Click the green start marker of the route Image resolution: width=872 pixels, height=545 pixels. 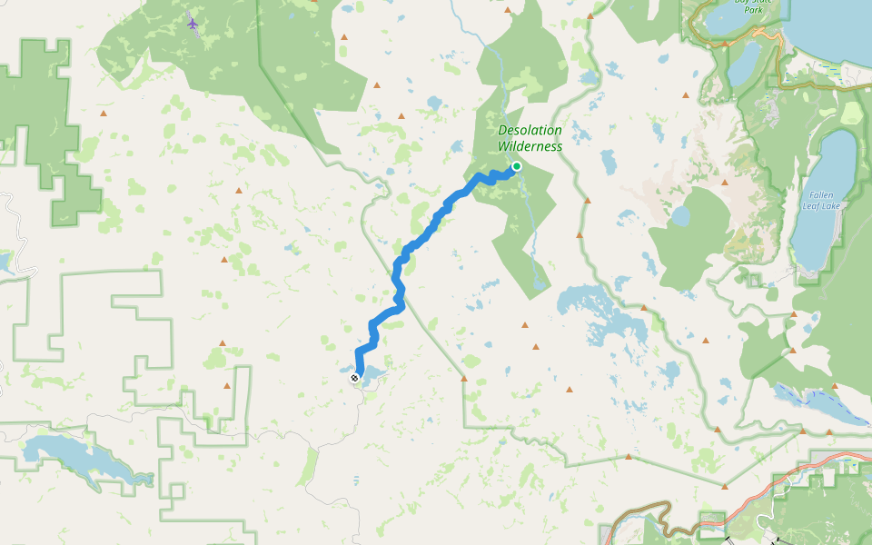pos(516,166)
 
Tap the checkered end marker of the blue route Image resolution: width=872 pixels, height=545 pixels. pos(354,377)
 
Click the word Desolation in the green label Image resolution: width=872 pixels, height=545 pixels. pos(530,130)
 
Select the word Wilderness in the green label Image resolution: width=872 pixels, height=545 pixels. pos(530,146)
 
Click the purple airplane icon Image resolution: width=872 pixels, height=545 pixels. pos(193,23)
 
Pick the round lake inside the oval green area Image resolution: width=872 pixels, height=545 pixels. pos(679,216)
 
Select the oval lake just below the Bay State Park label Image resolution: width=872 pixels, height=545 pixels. pos(743,64)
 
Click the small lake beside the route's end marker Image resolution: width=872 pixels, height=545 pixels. pos(371,375)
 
